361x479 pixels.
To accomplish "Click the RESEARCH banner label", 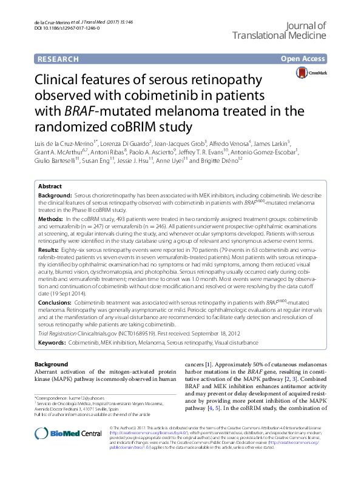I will coord(58,59).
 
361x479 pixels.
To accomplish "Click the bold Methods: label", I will coord(52,217).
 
